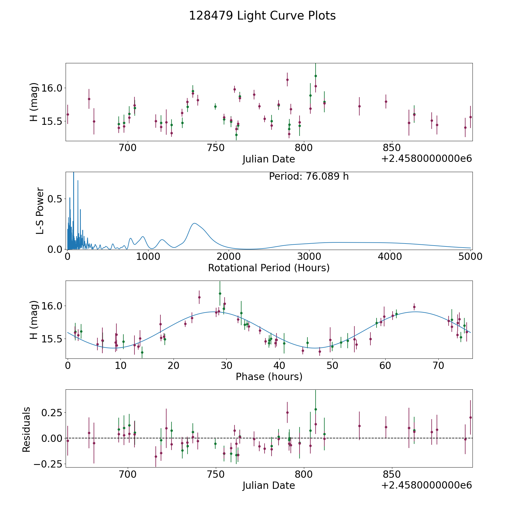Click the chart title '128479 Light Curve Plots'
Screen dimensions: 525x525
click(262, 16)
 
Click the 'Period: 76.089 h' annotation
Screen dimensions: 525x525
click(309, 176)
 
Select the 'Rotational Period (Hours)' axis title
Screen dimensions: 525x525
click(269, 268)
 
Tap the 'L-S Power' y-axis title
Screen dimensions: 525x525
click(40, 211)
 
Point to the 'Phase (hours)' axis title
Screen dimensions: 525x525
click(269, 377)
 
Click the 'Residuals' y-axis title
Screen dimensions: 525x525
click(26, 429)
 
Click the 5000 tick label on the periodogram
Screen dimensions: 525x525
click(470, 257)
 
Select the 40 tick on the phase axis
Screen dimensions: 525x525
click(279, 365)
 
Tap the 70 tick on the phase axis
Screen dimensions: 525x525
click(438, 365)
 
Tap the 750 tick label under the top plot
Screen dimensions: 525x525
click(216, 148)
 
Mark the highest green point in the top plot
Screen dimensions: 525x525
click(316, 76)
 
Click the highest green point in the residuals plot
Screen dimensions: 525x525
click(316, 409)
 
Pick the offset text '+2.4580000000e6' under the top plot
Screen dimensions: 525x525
click(426, 159)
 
